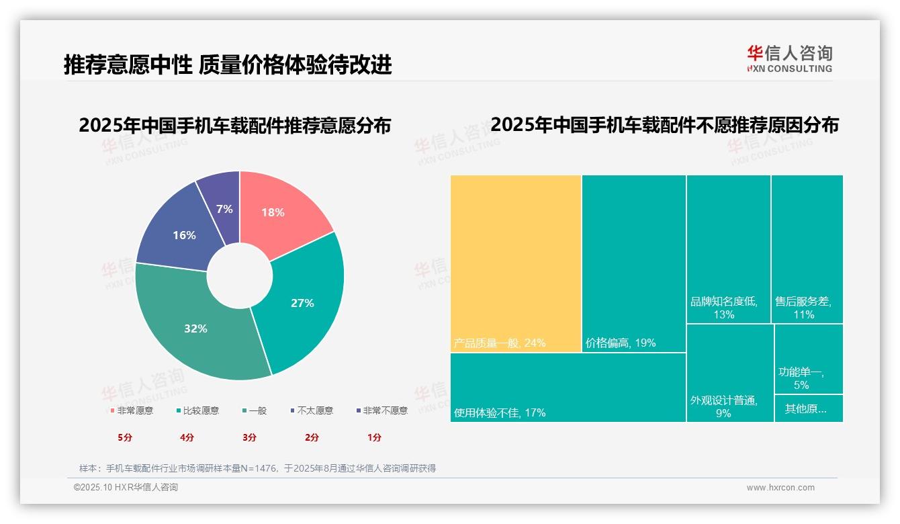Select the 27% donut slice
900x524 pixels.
click(306, 302)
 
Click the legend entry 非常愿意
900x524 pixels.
click(132, 410)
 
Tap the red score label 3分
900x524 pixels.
click(250, 437)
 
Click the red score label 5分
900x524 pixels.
click(125, 437)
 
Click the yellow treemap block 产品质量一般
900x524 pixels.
click(515, 262)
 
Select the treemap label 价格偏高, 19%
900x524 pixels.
click(621, 343)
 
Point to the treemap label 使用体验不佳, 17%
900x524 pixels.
click(500, 412)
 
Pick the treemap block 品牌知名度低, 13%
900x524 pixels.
click(728, 249)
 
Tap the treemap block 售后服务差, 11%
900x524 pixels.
click(807, 249)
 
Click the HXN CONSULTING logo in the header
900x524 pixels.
click(790, 58)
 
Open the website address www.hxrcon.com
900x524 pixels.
click(780, 488)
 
